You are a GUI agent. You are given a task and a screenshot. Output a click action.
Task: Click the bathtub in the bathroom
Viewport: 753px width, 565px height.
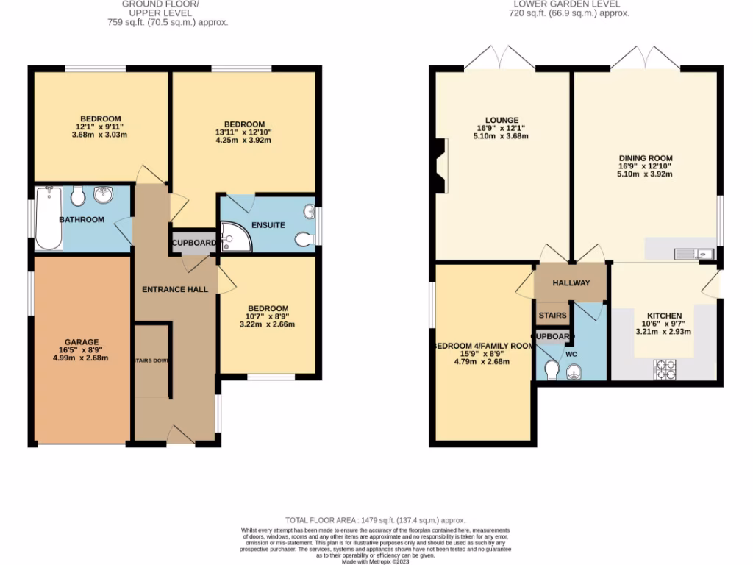click(x=49, y=218)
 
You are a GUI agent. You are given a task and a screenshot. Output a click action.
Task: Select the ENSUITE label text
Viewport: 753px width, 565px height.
click(x=268, y=225)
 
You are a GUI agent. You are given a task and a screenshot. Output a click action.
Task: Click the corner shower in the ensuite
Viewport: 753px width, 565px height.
click(x=236, y=238)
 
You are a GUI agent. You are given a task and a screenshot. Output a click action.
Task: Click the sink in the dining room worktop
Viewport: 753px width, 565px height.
click(x=692, y=254)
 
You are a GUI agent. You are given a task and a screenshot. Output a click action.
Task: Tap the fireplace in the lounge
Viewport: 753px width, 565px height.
click(x=441, y=166)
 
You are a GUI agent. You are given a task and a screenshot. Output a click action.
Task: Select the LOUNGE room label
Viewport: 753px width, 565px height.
click(x=502, y=120)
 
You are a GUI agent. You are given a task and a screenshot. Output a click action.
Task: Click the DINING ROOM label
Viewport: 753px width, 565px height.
click(x=645, y=158)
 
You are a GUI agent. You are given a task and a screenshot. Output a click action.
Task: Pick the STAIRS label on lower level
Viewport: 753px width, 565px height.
click(x=552, y=316)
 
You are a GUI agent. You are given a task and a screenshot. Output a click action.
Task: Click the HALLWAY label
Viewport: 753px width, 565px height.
click(x=571, y=283)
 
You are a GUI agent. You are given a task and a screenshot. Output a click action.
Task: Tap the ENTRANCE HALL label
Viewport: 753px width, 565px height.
click(x=175, y=289)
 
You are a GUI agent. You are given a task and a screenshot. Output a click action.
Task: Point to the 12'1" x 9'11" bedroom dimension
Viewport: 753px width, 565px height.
click(x=100, y=127)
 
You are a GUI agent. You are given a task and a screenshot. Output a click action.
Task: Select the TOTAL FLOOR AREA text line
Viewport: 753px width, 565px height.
click(x=376, y=520)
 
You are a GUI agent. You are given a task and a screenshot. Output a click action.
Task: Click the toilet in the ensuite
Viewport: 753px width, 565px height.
click(x=304, y=238)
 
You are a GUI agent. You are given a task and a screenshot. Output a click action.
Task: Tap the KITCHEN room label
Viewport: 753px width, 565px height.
click(x=664, y=316)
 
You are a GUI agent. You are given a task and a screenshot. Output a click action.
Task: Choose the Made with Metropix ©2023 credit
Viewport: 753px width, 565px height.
click(x=376, y=561)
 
